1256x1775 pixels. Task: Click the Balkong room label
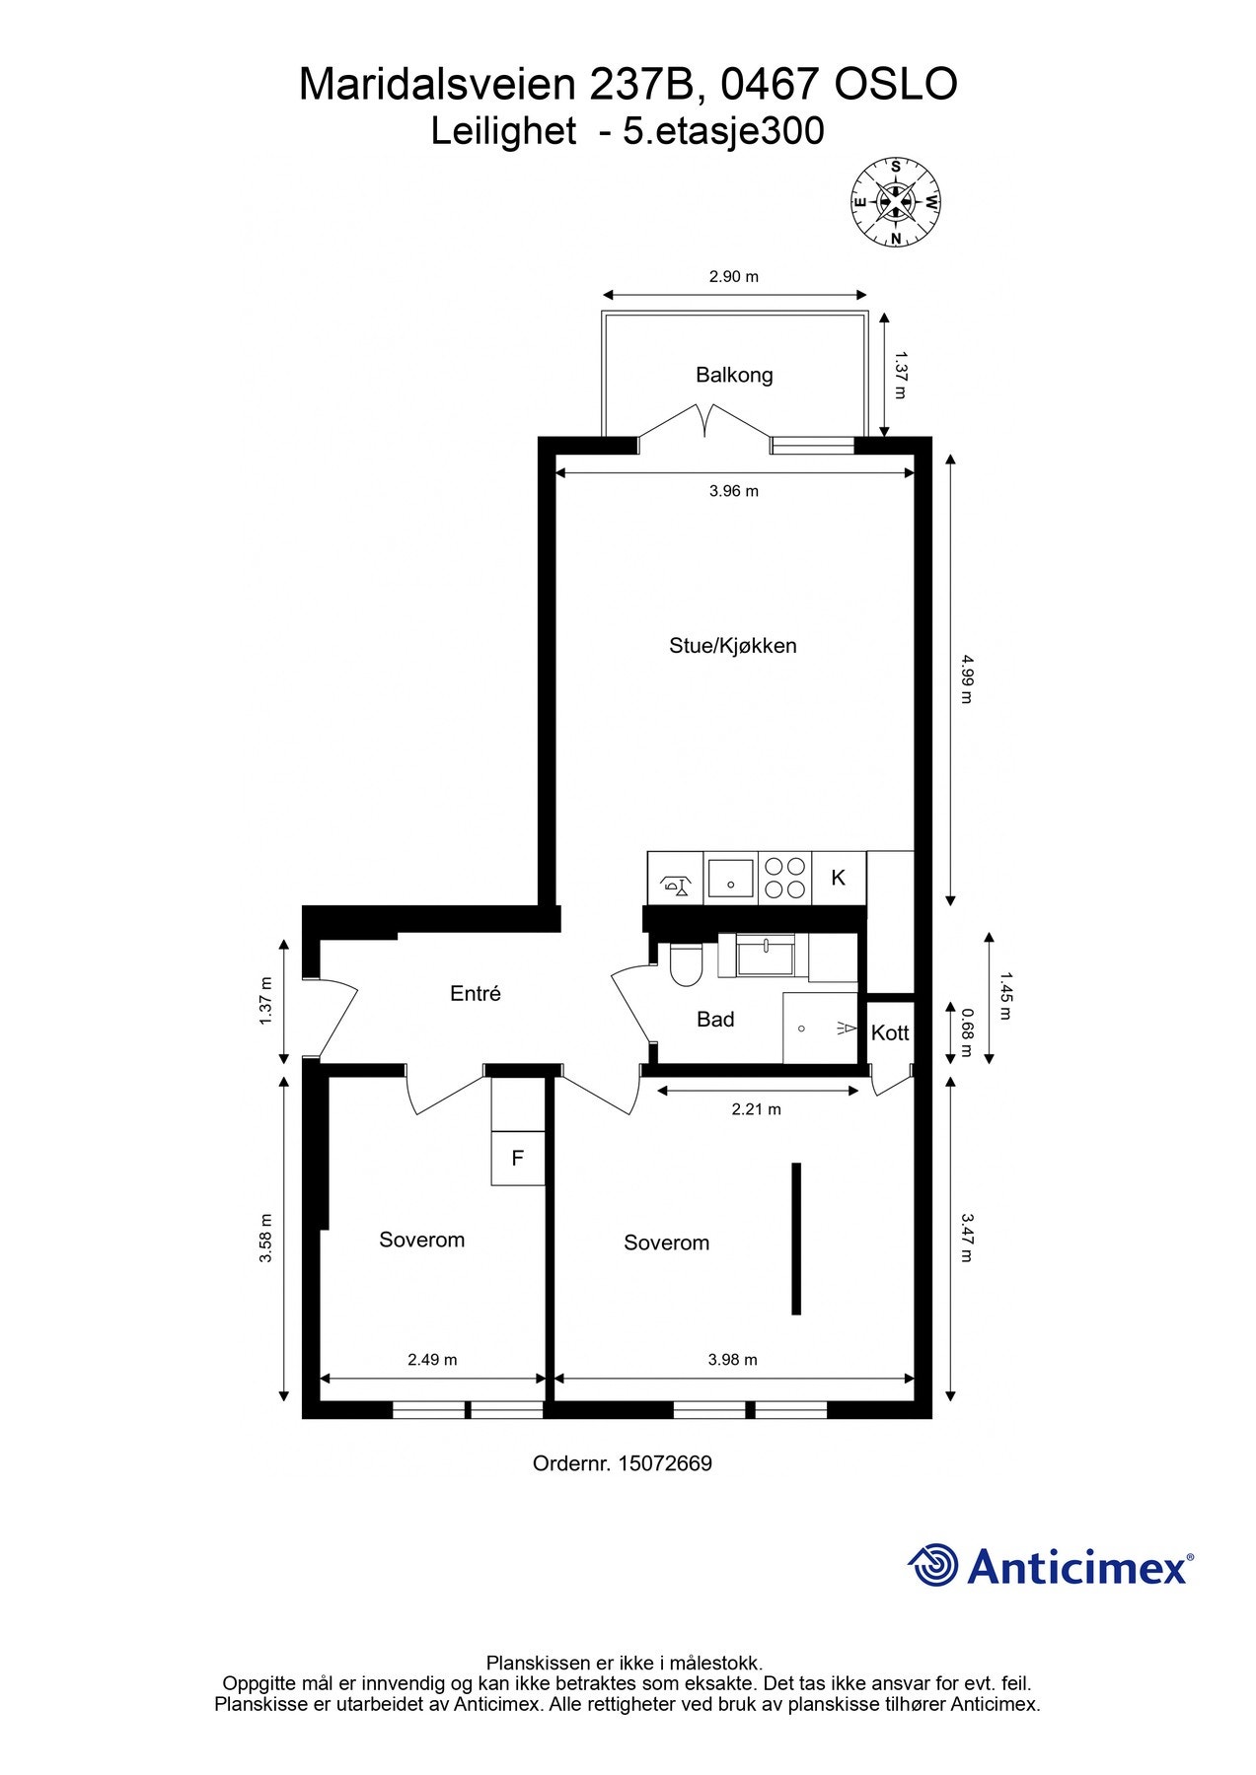[x=733, y=375]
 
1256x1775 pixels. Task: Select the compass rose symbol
[x=895, y=202]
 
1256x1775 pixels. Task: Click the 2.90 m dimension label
[x=733, y=276]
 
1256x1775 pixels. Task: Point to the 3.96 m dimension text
[x=733, y=490]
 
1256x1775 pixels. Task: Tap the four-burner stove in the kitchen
[x=784, y=878]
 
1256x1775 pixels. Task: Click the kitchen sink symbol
[x=730, y=878]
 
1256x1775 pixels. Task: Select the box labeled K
[x=838, y=878]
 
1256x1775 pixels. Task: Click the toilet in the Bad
[x=685, y=964]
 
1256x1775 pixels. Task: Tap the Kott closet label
[x=889, y=1032]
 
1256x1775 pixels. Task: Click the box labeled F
[x=517, y=1158]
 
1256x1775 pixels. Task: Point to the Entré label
[x=475, y=994]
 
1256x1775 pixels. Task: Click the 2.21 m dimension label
[x=756, y=1109]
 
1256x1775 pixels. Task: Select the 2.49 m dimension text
[x=432, y=1359]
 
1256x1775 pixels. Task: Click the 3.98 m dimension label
[x=732, y=1359]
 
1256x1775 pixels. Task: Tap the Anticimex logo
[x=1050, y=1565]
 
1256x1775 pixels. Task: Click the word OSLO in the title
[x=895, y=85]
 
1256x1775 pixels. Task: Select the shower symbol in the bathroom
[x=821, y=1029]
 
